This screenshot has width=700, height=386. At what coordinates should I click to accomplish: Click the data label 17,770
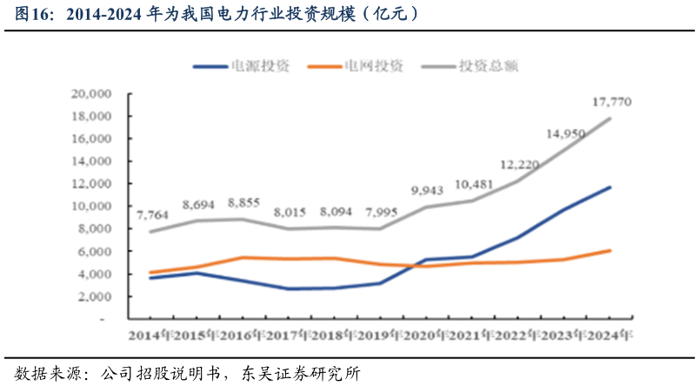(x=611, y=103)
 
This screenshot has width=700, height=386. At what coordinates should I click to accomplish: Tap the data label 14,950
(x=565, y=134)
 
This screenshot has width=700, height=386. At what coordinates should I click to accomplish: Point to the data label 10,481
(x=474, y=184)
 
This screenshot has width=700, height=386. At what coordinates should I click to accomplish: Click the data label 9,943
(x=428, y=190)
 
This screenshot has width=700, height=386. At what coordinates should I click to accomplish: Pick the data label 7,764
(x=154, y=213)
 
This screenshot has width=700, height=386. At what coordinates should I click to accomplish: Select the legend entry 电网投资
(x=373, y=66)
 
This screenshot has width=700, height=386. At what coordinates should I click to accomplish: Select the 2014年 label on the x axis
(x=150, y=335)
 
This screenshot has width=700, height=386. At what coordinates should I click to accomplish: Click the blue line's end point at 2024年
(x=610, y=187)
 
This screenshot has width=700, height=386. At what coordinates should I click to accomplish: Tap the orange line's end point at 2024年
(x=610, y=250)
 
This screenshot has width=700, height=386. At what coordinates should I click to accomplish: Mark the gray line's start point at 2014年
(x=152, y=231)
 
